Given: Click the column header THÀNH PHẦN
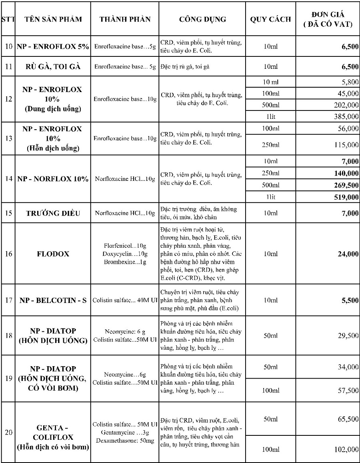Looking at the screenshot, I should pyautogui.click(x=125, y=19).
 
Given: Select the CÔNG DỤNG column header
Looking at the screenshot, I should pyautogui.click(x=202, y=19).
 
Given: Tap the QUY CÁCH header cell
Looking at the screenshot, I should pyautogui.click(x=270, y=19).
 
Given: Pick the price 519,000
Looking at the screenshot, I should pyautogui.click(x=345, y=197).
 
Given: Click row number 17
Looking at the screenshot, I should pyautogui.click(x=8, y=300).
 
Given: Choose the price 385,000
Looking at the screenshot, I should pyautogui.click(x=345, y=116).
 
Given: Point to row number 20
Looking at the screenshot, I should pyautogui.click(x=8, y=432).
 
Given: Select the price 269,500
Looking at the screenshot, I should pyautogui.click(x=345, y=185).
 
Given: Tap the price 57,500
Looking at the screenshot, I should pyautogui.click(x=348, y=390).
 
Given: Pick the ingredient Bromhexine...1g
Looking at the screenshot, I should pyautogui.click(x=125, y=261).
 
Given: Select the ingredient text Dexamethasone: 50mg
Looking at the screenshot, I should pyautogui.click(x=125, y=440).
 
